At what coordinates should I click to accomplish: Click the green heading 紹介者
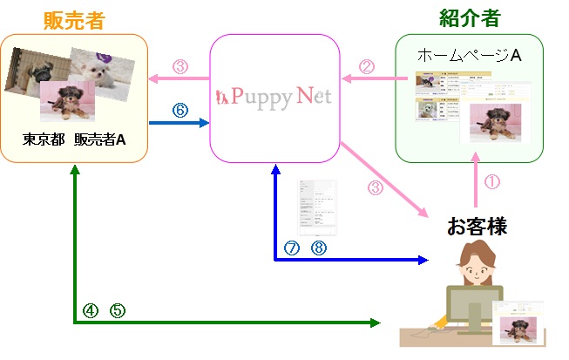[471, 17]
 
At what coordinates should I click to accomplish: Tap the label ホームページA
[469, 55]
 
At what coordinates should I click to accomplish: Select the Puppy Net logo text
[274, 97]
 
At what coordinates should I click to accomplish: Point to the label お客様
[477, 228]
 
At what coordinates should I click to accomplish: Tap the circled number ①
[492, 183]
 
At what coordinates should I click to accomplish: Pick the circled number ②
[367, 65]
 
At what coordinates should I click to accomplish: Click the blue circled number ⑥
[180, 111]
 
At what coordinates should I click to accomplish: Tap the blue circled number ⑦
[292, 248]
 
